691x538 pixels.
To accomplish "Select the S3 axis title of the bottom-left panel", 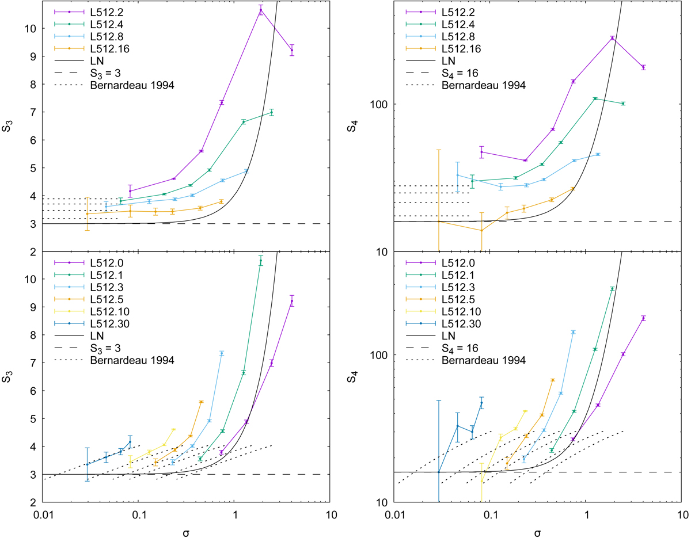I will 10,377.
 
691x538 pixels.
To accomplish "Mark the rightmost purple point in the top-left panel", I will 292,50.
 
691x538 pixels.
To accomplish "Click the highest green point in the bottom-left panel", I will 261,261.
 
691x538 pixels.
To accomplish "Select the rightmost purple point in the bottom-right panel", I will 643,318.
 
